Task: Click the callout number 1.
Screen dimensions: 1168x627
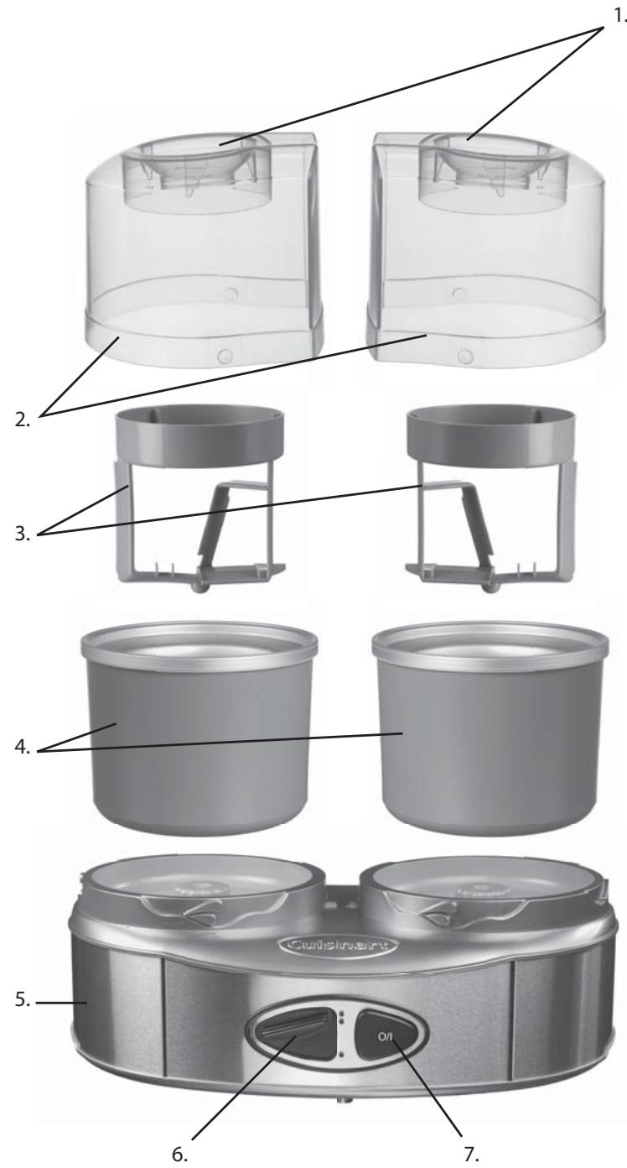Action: pos(618,17)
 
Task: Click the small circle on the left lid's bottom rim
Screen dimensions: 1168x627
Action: pos(223,357)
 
